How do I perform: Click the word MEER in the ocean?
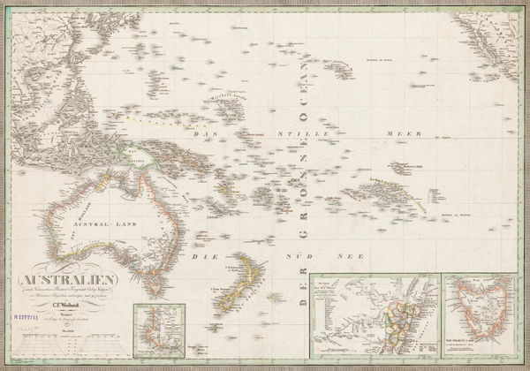pyautogui.click(x=403, y=132)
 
